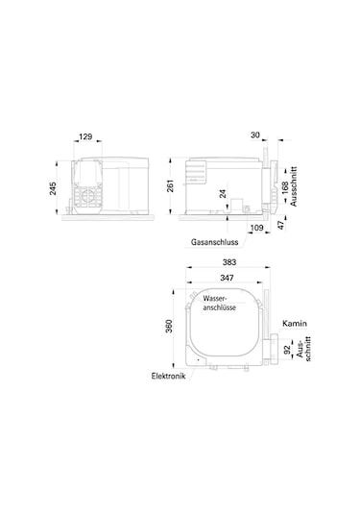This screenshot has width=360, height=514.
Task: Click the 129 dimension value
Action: click(x=85, y=136)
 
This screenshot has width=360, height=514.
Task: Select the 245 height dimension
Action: click(x=53, y=188)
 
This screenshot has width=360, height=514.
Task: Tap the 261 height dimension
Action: click(x=171, y=185)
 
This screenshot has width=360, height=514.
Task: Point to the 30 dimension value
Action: click(x=255, y=135)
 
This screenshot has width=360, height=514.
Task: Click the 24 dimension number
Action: click(x=223, y=193)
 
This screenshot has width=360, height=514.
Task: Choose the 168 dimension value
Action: click(x=285, y=188)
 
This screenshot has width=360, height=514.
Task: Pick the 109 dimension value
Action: click(x=256, y=228)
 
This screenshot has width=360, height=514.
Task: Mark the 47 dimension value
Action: click(x=281, y=225)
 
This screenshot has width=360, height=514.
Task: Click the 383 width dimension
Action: click(x=229, y=262)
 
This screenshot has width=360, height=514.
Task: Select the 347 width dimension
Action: click(x=227, y=278)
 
